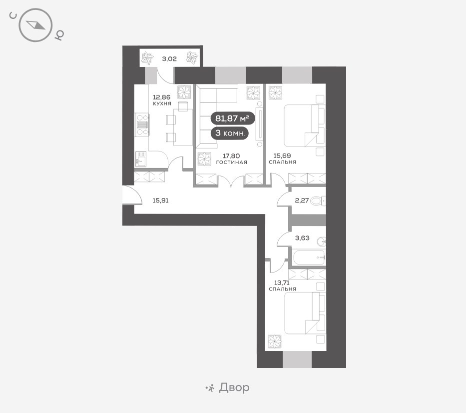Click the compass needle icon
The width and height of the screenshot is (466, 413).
coord(35,25)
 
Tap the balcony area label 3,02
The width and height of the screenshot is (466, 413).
coord(169,59)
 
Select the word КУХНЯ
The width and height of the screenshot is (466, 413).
coord(162,103)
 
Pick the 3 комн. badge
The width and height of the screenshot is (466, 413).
coord(229,133)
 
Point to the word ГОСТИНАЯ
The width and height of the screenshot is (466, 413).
coord(232,162)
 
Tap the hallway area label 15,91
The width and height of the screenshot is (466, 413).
coord(160,200)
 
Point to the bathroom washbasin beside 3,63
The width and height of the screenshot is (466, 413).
coord(322,241)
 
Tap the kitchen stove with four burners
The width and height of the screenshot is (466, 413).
coord(142,125)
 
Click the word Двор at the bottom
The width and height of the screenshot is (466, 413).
coord(234,387)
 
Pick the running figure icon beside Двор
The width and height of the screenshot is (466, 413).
coord(210,388)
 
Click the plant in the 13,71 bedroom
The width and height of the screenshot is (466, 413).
coord(275,341)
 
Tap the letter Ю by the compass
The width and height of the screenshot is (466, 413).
coord(59,35)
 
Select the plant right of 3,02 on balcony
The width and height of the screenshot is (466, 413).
coord(192,57)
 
